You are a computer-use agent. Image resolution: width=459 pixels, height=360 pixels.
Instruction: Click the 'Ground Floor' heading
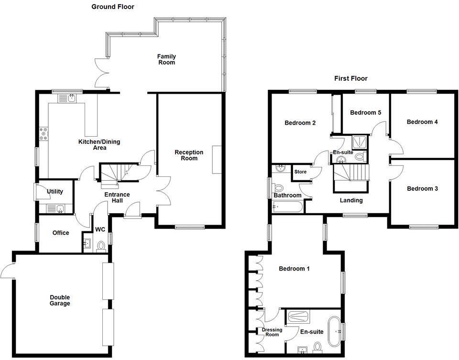(113, 7)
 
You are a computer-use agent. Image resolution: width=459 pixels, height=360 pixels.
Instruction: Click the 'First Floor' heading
(351, 78)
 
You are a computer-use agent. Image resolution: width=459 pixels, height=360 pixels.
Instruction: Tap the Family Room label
(166, 59)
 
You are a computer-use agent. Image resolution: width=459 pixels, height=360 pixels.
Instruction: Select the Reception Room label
(189, 155)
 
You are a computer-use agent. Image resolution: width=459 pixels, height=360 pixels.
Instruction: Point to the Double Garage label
(60, 300)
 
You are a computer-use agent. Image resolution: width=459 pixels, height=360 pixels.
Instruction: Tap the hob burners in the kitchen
(44, 133)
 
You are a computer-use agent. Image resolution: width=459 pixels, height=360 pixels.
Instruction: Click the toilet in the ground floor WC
(101, 246)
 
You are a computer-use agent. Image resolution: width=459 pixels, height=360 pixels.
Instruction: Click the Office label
(60, 233)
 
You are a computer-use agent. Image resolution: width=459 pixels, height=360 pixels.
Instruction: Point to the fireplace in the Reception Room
(218, 159)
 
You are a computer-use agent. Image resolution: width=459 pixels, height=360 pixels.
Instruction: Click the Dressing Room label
(272, 332)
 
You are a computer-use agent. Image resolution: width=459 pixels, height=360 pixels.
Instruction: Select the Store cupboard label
(300, 172)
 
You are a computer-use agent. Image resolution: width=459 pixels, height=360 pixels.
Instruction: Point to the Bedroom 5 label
(365, 113)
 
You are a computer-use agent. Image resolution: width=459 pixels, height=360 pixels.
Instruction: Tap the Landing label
(351, 200)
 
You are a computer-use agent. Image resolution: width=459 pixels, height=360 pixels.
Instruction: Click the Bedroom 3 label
(422, 188)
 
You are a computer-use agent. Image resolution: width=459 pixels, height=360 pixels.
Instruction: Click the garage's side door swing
(8, 271)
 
